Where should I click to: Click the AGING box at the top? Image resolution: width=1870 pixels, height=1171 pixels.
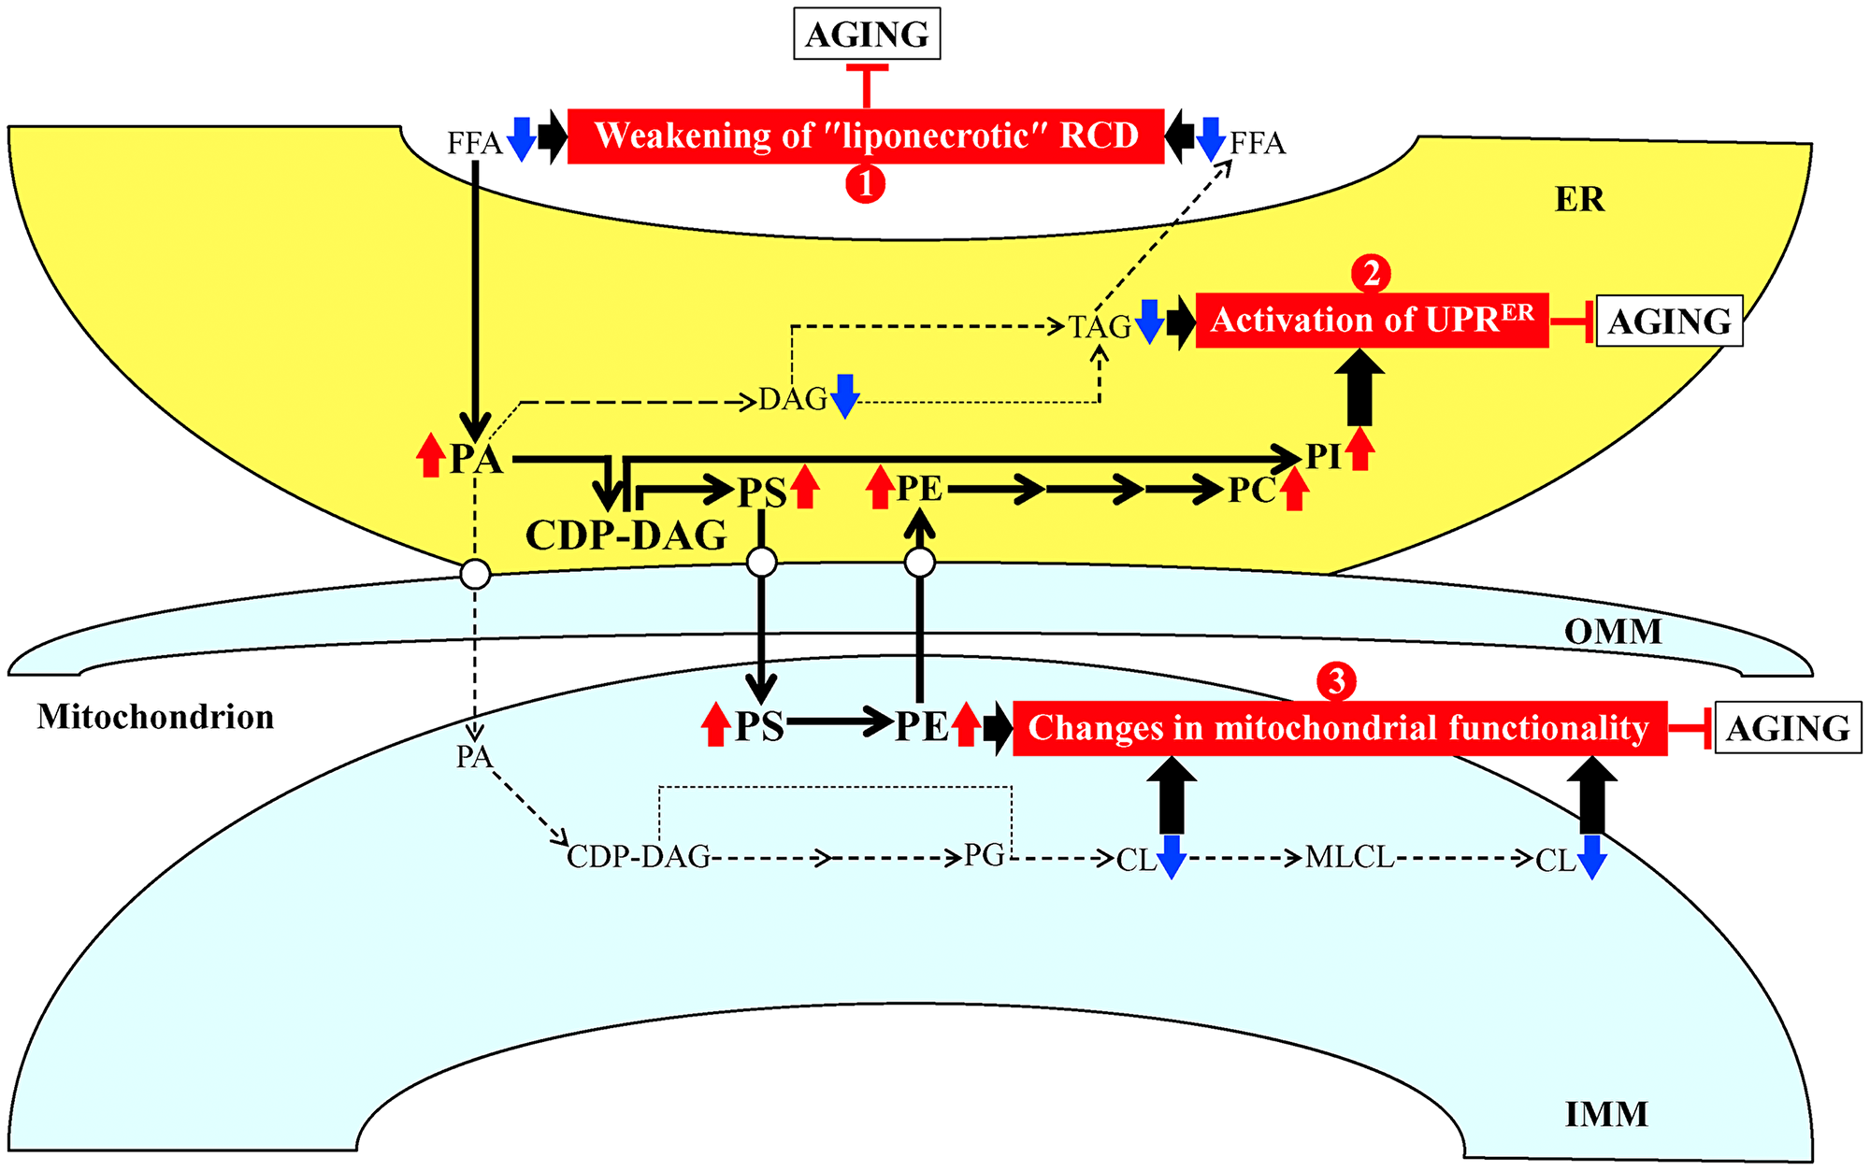click(867, 35)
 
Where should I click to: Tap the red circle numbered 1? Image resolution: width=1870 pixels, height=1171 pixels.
click(865, 183)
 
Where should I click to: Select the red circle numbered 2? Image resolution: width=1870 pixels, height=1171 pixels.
click(1371, 274)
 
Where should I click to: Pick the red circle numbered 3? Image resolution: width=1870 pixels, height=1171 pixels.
click(1336, 681)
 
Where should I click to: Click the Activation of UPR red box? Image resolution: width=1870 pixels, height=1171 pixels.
click(1372, 321)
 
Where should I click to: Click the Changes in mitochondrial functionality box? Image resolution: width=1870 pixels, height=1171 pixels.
click(1339, 728)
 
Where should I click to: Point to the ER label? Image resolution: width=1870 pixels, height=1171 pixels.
click(1579, 199)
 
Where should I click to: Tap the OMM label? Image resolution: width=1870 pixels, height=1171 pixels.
click(1613, 632)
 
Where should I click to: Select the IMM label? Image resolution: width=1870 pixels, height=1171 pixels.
click(1606, 1114)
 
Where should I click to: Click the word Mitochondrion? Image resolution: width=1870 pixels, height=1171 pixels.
click(155, 717)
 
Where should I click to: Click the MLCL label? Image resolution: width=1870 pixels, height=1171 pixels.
click(1349, 857)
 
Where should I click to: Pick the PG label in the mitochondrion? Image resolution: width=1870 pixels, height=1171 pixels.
click(985, 855)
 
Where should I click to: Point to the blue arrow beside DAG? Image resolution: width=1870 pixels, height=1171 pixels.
click(845, 395)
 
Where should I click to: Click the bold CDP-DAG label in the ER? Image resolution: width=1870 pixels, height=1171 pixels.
click(626, 536)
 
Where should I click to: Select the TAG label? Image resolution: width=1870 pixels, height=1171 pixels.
click(1100, 327)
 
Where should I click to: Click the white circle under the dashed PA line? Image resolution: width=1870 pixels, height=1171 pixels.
click(475, 574)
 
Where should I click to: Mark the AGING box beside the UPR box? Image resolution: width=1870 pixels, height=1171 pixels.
click(1669, 321)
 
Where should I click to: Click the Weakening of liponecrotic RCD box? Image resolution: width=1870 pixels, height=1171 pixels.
click(865, 136)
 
